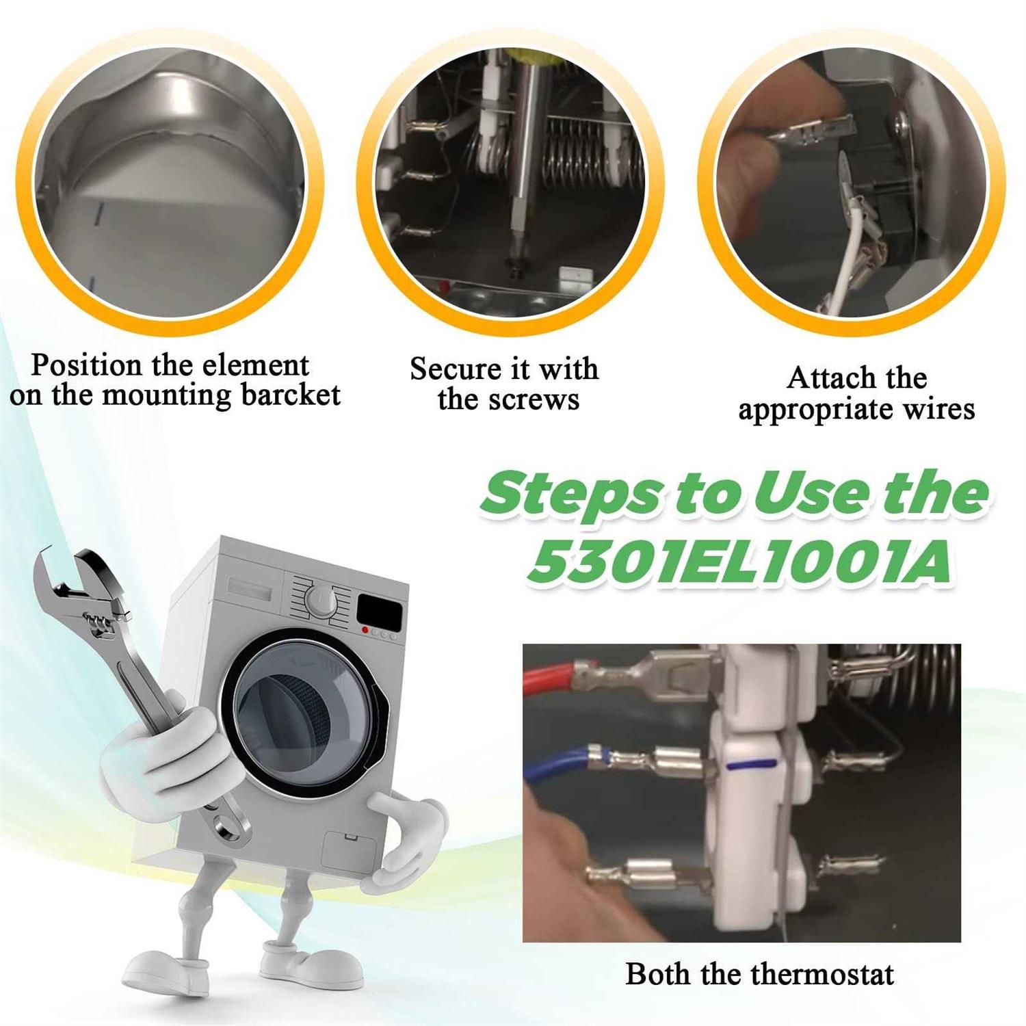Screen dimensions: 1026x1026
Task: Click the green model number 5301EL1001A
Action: tap(739, 562)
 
